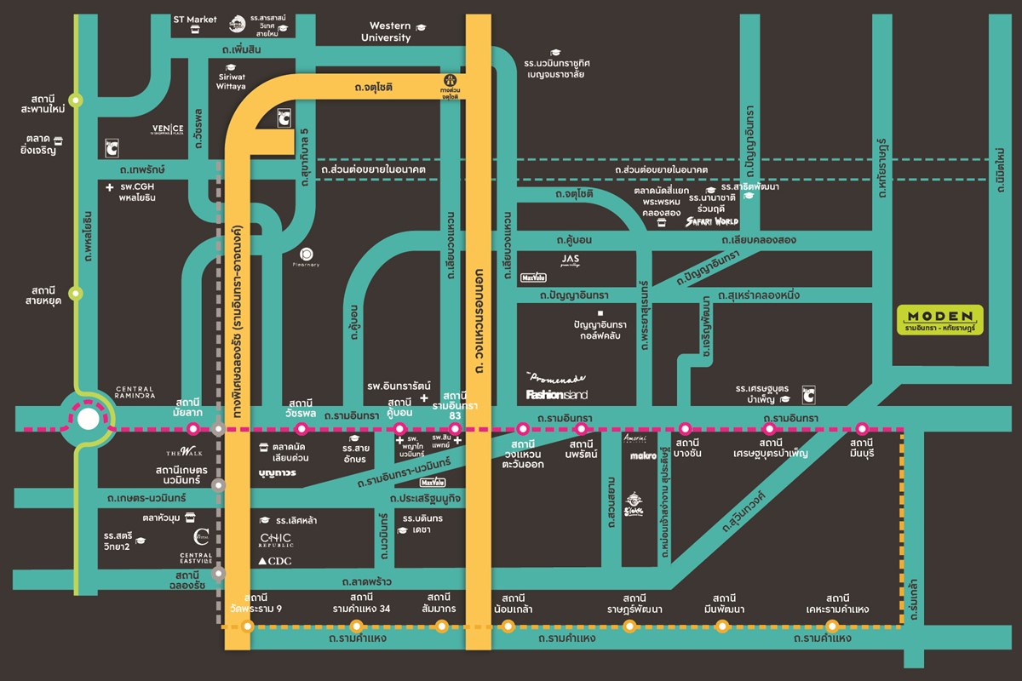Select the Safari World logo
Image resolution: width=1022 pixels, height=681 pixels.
pos(712,221)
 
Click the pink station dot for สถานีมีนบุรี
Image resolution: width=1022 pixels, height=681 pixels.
pos(862,428)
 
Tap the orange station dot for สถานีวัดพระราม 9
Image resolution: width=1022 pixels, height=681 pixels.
pos(248,627)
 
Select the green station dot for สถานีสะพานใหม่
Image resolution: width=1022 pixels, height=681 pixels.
pos(77,100)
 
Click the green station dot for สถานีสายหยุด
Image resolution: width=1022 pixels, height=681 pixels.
pos(77,293)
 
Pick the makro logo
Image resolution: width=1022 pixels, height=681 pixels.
pos(641,457)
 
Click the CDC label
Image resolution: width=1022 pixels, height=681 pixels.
pos(274,561)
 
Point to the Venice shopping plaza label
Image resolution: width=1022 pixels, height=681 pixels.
pos(162,129)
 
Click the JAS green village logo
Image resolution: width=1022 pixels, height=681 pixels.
pos(570,259)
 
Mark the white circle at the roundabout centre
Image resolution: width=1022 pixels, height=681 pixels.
pos(87,420)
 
